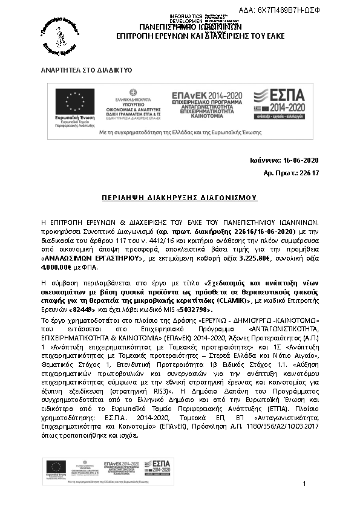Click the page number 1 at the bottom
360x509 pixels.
(x=304, y=484)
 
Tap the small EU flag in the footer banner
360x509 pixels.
(x=56, y=466)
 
